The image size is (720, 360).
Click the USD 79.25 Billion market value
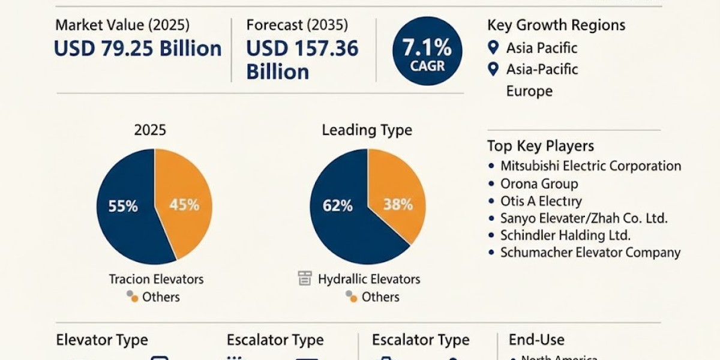click(138, 49)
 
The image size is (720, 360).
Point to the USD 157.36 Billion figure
click(302, 60)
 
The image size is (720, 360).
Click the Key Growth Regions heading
click(556, 25)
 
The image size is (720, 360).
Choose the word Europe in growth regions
click(529, 91)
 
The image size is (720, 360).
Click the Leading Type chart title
click(367, 130)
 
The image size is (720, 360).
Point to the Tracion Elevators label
click(156, 279)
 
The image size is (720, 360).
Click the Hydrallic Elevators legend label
click(369, 279)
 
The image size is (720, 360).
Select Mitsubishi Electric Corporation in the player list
click(590, 166)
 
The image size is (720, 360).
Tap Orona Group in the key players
click(539, 184)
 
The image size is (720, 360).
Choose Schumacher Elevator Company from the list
click(590, 253)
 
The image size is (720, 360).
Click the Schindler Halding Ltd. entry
click(565, 236)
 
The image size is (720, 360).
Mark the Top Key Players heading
click(541, 146)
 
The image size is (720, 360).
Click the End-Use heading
click(536, 340)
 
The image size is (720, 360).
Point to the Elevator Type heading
click(102, 340)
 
